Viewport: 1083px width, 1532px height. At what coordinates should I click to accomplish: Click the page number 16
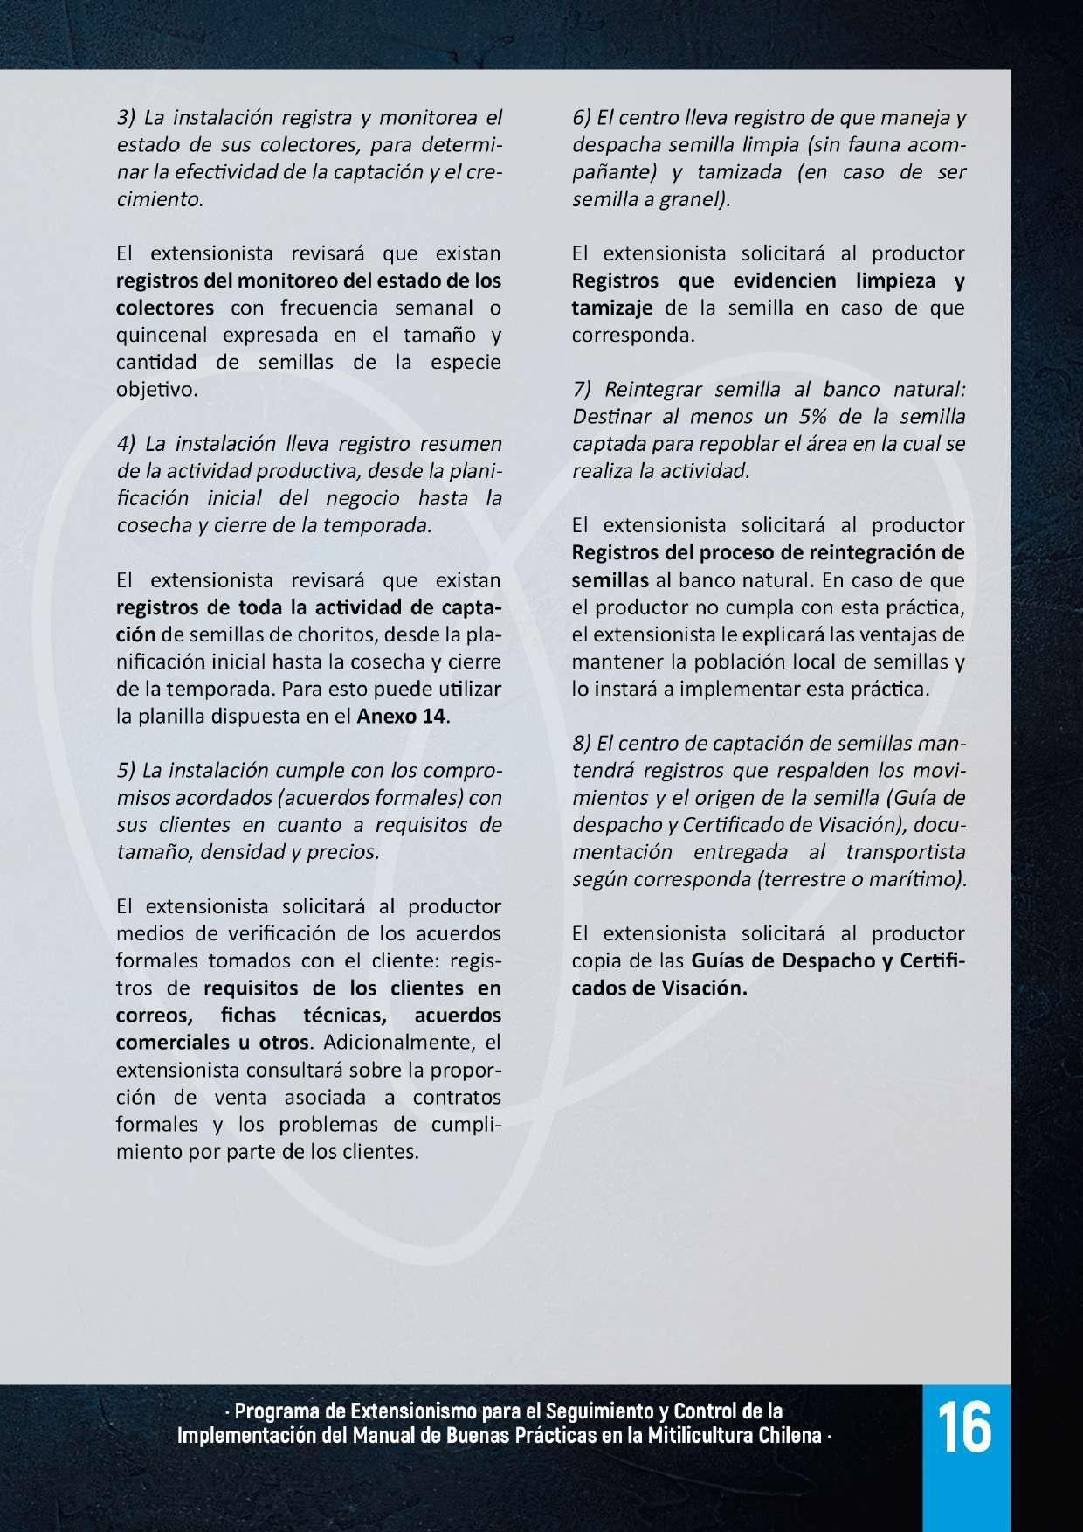pos(967,1426)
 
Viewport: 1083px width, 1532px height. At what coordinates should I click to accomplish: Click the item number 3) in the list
pos(128,117)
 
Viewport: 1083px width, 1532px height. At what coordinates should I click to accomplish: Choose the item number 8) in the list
pos(583,744)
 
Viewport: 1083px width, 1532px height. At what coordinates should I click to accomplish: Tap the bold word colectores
pos(165,308)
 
